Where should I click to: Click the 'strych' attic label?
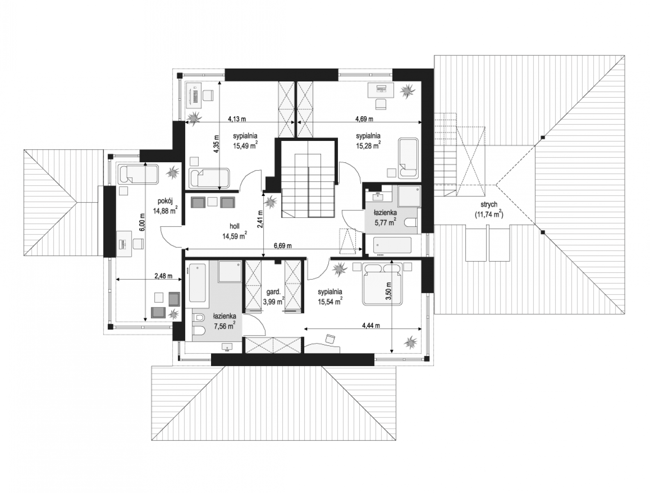pyautogui.click(x=489, y=205)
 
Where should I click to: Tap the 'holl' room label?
pyautogui.click(x=234, y=226)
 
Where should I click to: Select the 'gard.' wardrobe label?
pyautogui.click(x=273, y=292)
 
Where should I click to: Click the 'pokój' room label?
pyautogui.click(x=165, y=201)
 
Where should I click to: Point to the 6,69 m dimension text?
pyautogui.click(x=283, y=246)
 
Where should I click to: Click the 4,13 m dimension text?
pyautogui.click(x=237, y=119)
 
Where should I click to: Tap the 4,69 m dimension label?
pyautogui.click(x=364, y=119)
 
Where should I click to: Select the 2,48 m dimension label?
pyautogui.click(x=163, y=276)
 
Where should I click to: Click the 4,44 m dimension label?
pyautogui.click(x=371, y=326)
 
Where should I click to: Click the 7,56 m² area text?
pyautogui.click(x=225, y=326)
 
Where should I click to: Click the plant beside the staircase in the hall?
pyautogui.click(x=270, y=203)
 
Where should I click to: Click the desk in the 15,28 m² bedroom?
pyautogui.click(x=381, y=90)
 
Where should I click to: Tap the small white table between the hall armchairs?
pyautogui.click(x=213, y=201)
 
